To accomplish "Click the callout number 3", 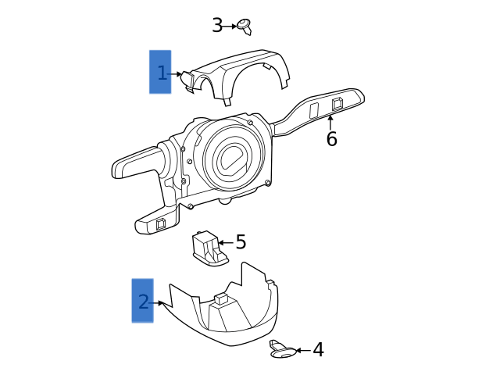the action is [x=217, y=26].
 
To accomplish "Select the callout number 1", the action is [x=162, y=73].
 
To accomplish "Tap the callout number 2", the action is [x=144, y=302].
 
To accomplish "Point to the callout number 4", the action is [x=318, y=349].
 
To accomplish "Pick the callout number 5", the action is [x=241, y=241].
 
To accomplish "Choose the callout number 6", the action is [x=331, y=139].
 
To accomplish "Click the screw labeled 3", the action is [x=245, y=27].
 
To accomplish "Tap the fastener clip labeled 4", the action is [x=283, y=349].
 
